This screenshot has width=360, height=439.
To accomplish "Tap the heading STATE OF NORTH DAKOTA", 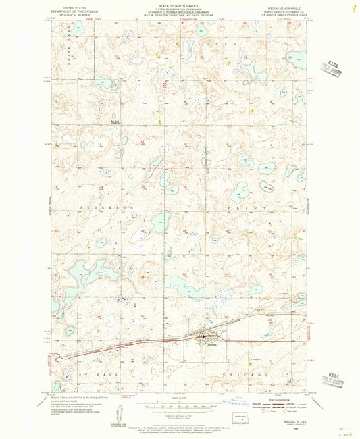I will click(180, 5).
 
